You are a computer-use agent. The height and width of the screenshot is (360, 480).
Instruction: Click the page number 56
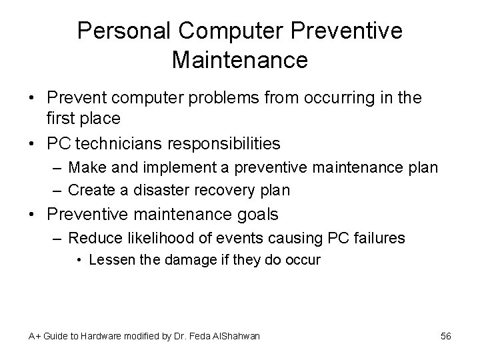click(446, 337)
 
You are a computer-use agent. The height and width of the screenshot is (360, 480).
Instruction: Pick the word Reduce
click(91, 238)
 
